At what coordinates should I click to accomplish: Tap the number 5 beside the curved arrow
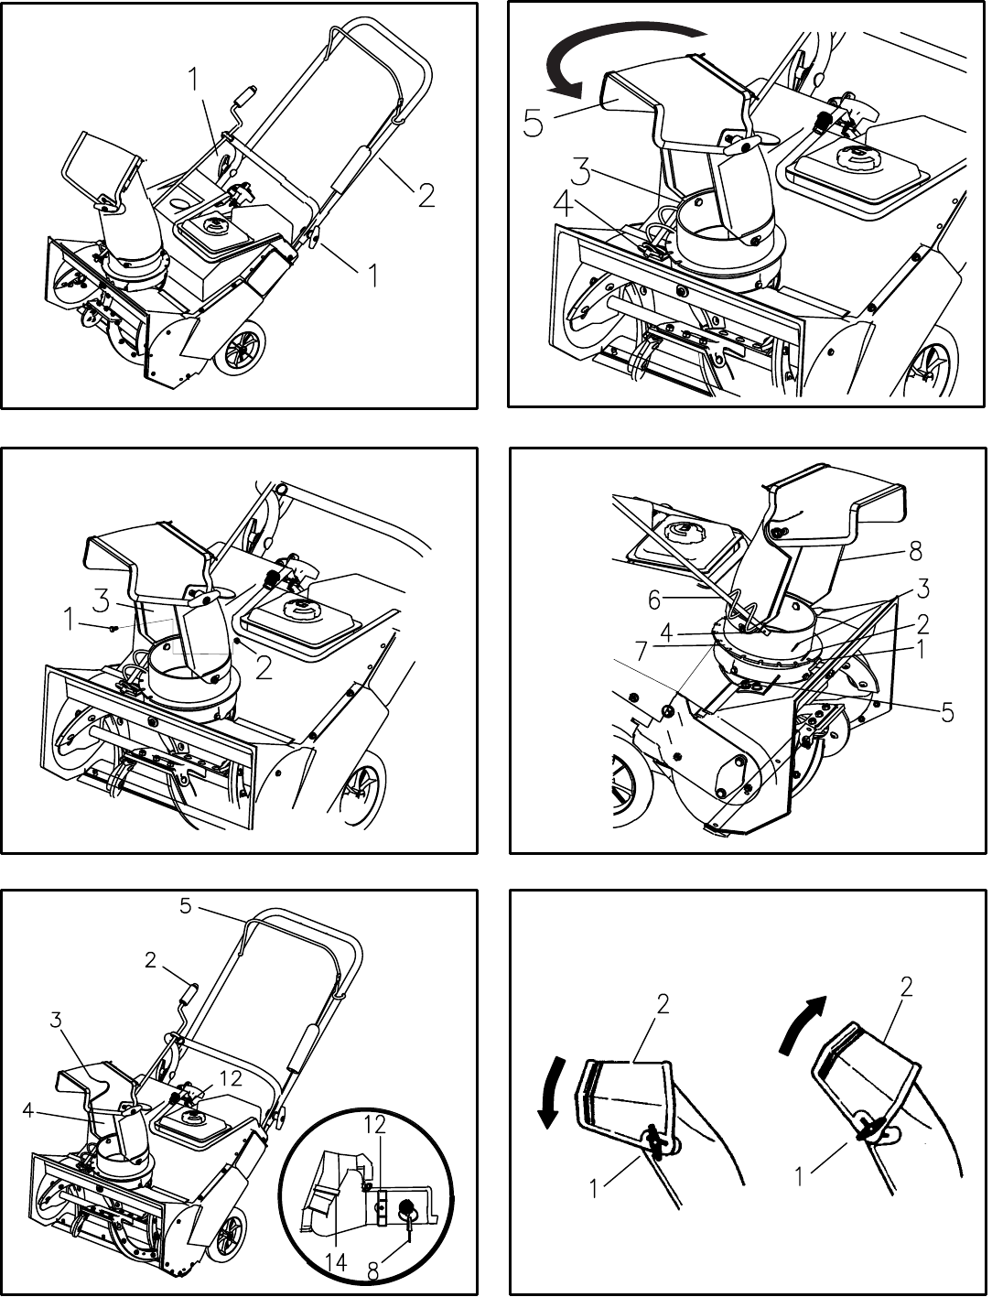pyautogui.click(x=534, y=123)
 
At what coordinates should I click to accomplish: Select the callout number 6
pyautogui.click(x=654, y=600)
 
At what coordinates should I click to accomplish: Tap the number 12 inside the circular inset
pyautogui.click(x=374, y=1124)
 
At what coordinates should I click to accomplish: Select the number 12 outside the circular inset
pyautogui.click(x=231, y=1078)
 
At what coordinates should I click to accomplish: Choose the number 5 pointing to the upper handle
pyautogui.click(x=186, y=906)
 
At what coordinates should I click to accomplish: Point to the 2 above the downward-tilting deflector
pyautogui.click(x=663, y=1004)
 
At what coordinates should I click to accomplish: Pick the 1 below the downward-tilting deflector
pyautogui.click(x=595, y=1188)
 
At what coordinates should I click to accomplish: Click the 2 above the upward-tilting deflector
pyautogui.click(x=906, y=988)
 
